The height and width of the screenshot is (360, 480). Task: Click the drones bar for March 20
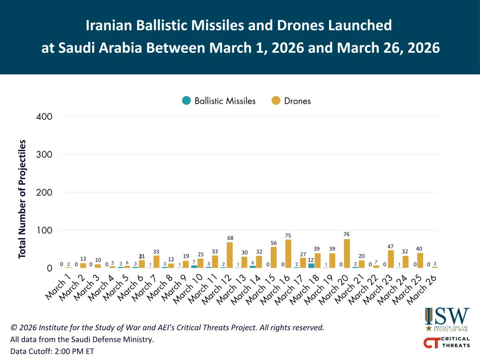coord(347,254)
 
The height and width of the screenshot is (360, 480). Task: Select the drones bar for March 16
coord(288,254)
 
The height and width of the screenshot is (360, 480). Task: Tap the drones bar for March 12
coord(230,255)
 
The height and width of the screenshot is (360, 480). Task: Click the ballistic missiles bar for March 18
coord(311,266)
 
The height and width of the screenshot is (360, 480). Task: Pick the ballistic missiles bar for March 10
coord(194,266)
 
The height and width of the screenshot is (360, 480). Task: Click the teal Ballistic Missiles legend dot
coord(186,101)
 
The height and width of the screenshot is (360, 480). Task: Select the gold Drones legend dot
coord(276,101)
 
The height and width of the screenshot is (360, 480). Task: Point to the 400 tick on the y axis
coord(44,117)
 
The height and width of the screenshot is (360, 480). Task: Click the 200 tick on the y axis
coord(44,192)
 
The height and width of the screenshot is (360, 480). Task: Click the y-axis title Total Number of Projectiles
coord(22,199)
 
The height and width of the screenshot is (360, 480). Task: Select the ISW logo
coord(447,319)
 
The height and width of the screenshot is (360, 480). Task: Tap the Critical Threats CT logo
coord(447,342)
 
